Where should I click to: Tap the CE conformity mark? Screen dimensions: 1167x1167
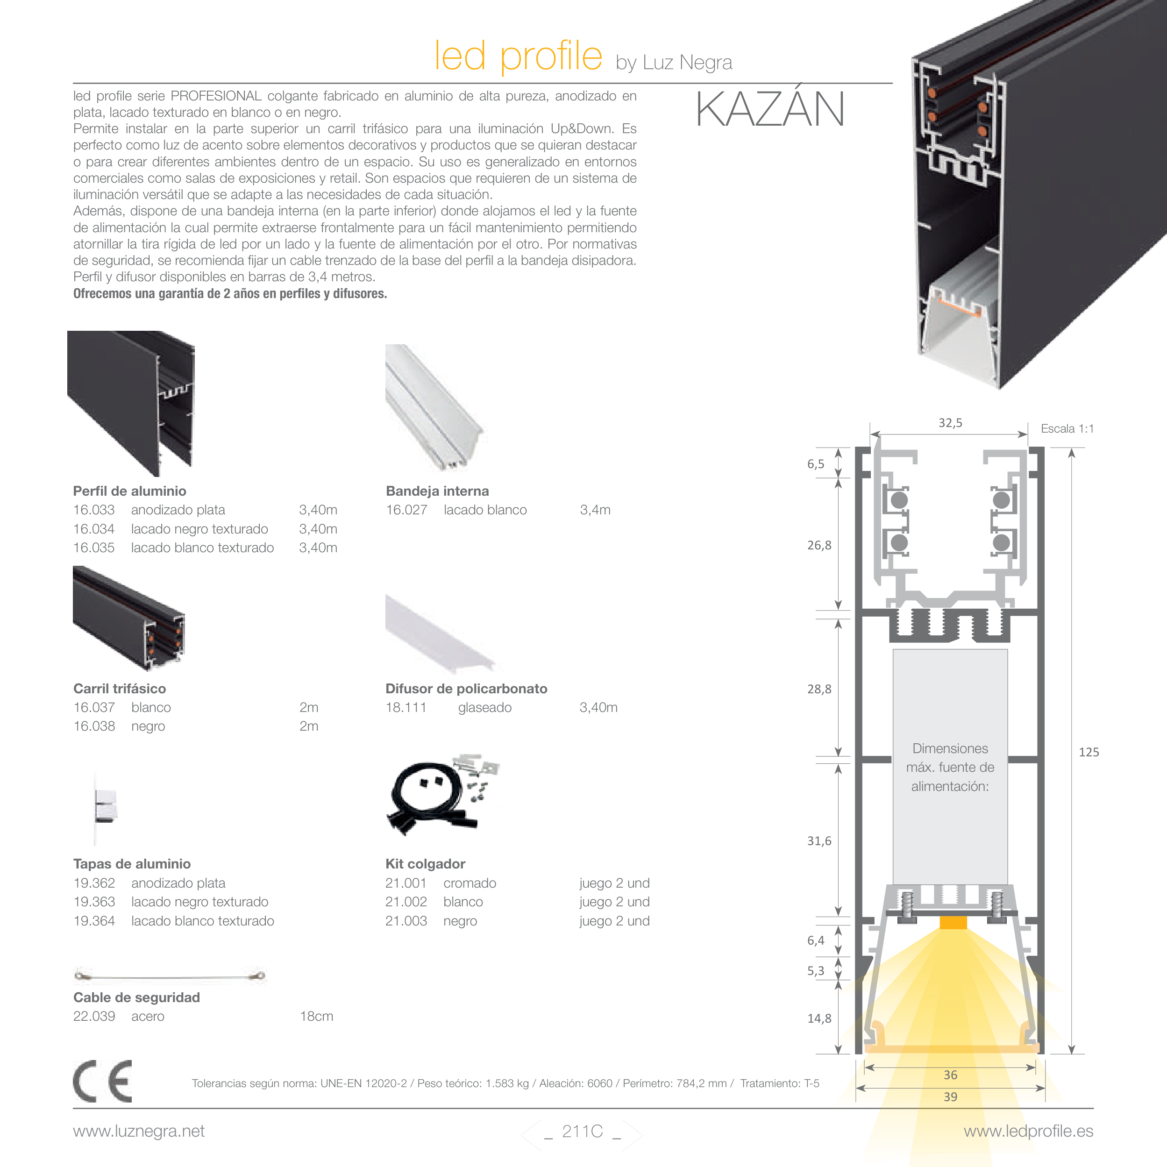pos(102,1081)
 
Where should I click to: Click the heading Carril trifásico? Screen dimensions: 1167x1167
pos(120,689)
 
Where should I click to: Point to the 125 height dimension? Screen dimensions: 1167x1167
pos(1089,752)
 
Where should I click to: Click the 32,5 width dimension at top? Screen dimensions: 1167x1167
pos(950,423)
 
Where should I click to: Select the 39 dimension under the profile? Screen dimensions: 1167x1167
pos(950,1096)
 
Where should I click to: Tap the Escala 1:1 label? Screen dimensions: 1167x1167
pos(1067,429)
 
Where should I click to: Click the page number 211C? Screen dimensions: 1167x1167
pos(582,1131)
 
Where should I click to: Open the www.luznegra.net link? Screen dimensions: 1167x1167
pos(139,1131)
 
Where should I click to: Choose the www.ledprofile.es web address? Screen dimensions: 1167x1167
pos(1028,1131)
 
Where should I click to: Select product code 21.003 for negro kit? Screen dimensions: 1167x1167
pos(406,921)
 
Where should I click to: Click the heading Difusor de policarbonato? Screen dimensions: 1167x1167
pos(466,689)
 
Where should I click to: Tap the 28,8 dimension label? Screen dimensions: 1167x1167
pos(819,689)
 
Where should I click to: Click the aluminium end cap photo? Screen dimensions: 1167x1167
pos(105,806)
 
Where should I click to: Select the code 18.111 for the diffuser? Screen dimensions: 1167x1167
pos(406,707)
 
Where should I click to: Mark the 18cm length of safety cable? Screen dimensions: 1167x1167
pos(317,1016)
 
